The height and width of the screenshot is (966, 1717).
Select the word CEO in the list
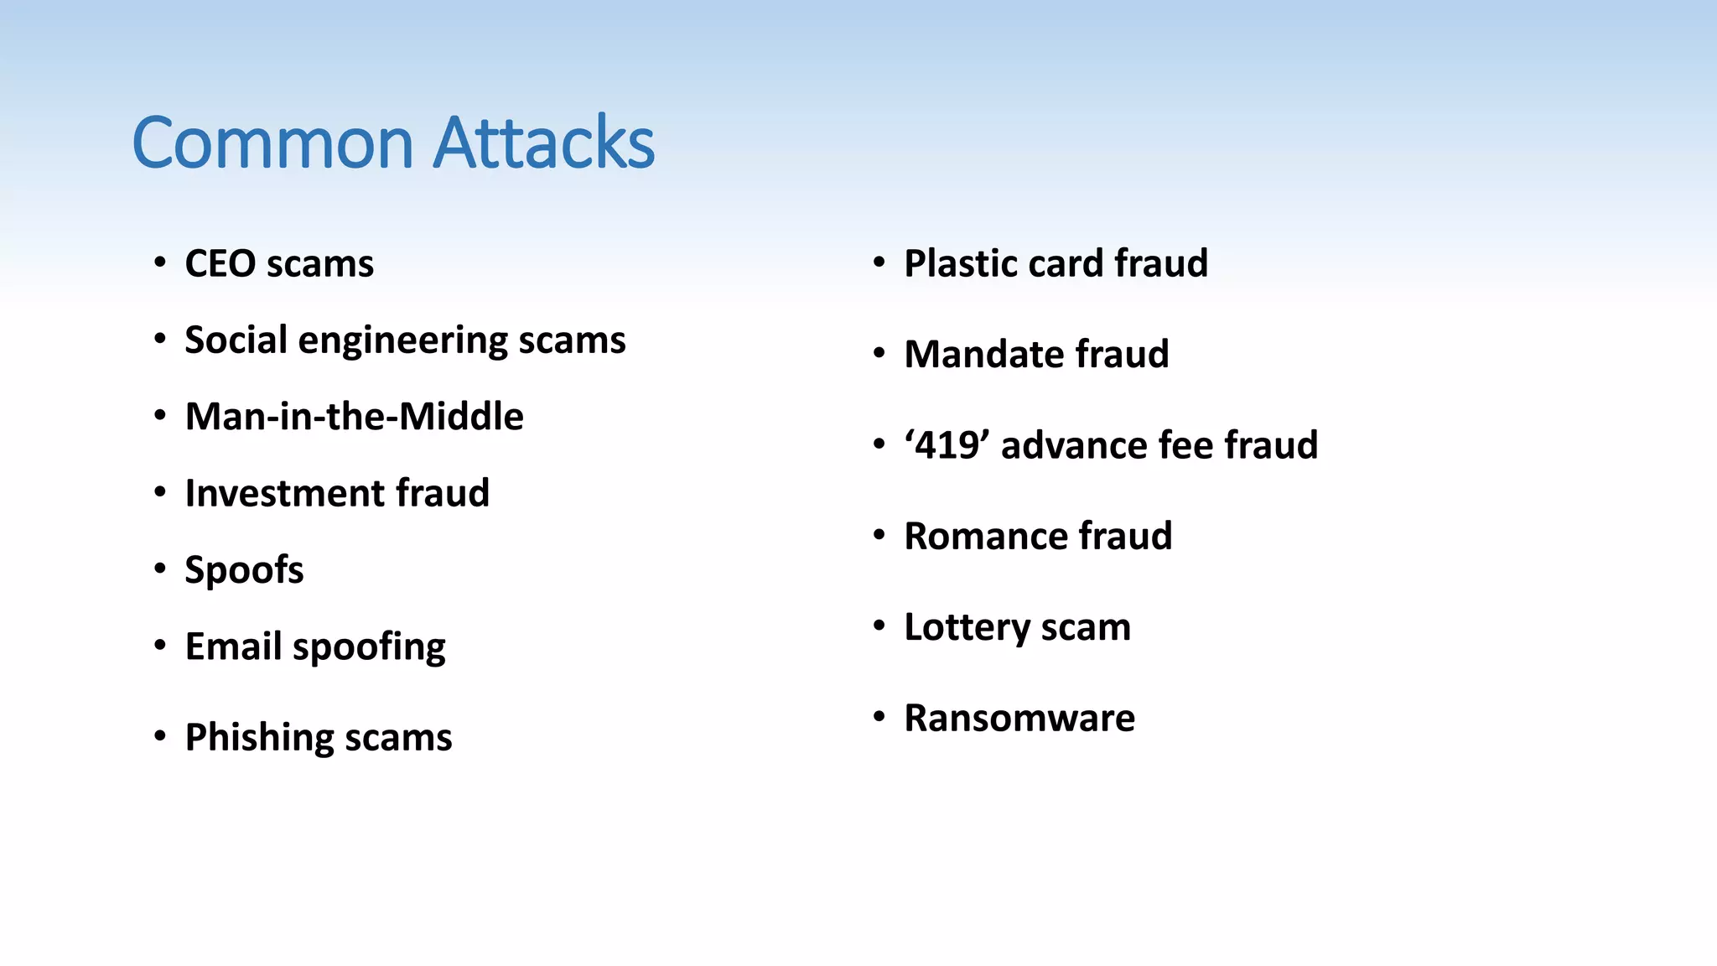(220, 263)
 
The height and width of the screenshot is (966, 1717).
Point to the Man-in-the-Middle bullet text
(354, 417)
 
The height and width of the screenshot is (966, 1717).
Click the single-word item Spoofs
(244, 570)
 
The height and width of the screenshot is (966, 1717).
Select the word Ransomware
(1019, 718)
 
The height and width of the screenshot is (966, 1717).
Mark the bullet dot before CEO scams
(159, 263)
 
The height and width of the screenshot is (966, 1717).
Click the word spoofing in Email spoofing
(369, 648)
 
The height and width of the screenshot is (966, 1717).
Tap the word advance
(1076, 445)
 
